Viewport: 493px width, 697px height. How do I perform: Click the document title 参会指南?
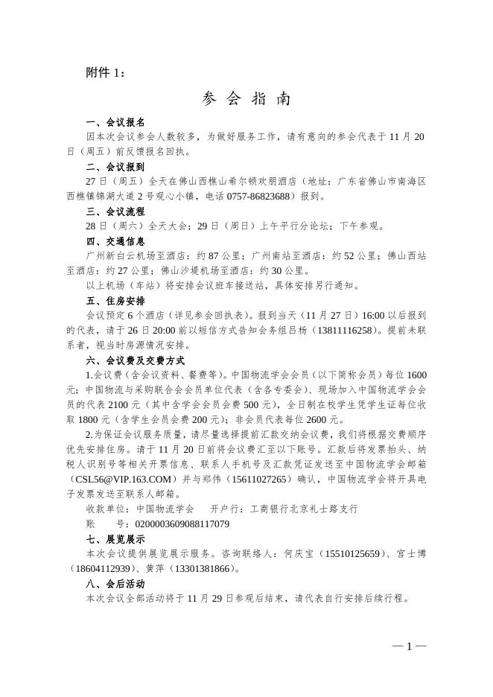[246, 99]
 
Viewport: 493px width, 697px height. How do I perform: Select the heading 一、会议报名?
[115, 122]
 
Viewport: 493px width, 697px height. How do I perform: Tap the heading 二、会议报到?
[115, 167]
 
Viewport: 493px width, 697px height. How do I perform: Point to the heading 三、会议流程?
[115, 211]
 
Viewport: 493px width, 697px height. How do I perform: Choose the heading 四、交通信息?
[115, 241]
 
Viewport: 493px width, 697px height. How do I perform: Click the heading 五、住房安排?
[115, 301]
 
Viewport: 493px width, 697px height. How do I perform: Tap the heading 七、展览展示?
[115, 539]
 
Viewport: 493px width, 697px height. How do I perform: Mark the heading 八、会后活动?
[115, 584]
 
